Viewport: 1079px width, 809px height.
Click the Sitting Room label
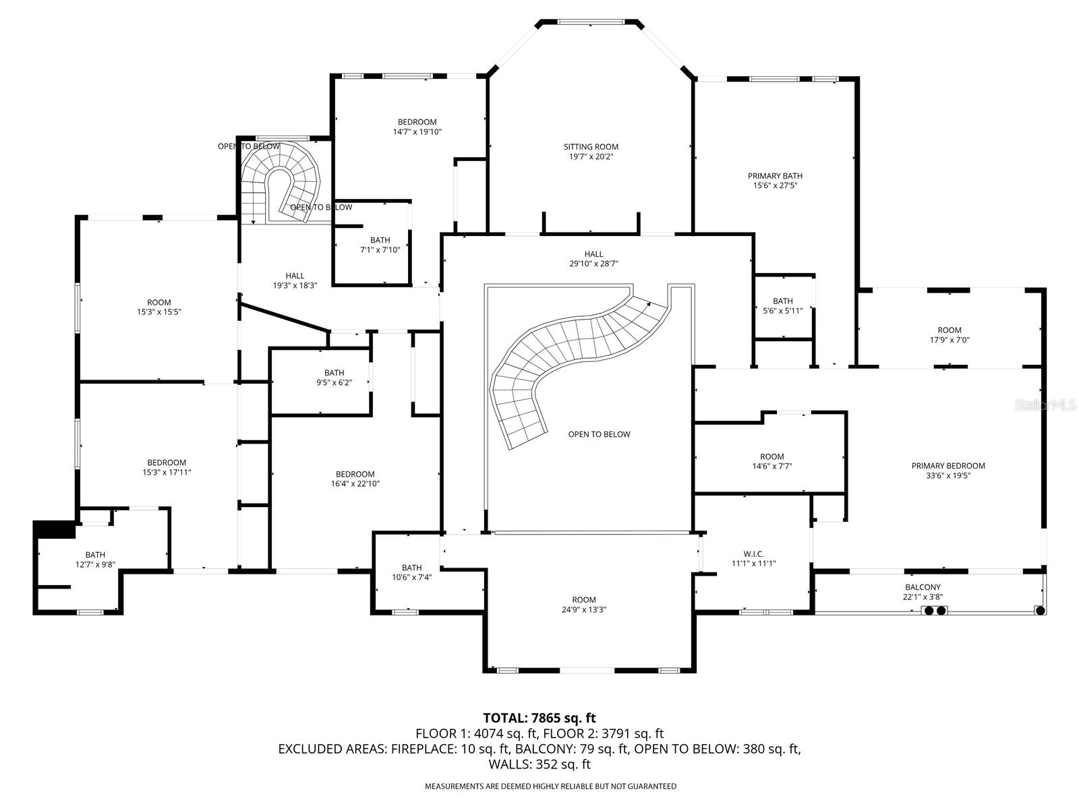(591, 147)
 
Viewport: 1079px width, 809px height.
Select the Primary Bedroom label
(947, 466)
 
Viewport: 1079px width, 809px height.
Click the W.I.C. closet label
(753, 553)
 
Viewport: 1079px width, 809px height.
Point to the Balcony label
(922, 587)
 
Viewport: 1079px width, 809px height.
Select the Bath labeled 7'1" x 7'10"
(380, 245)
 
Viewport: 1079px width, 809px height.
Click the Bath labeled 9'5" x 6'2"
(334, 378)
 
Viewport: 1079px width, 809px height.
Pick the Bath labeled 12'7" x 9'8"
(95, 560)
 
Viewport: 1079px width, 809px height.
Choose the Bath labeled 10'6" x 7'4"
(411, 572)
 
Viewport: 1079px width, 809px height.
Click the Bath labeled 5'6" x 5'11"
(782, 306)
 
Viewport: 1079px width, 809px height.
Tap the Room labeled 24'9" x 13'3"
(583, 605)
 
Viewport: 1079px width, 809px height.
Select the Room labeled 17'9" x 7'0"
(949, 335)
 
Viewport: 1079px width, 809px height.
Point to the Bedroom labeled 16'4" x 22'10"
(355, 479)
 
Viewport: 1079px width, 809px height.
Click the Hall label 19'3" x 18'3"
(295, 280)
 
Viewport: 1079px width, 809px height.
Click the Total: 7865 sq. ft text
(539, 718)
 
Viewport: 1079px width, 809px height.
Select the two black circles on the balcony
(934, 611)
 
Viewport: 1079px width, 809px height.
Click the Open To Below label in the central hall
(599, 434)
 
